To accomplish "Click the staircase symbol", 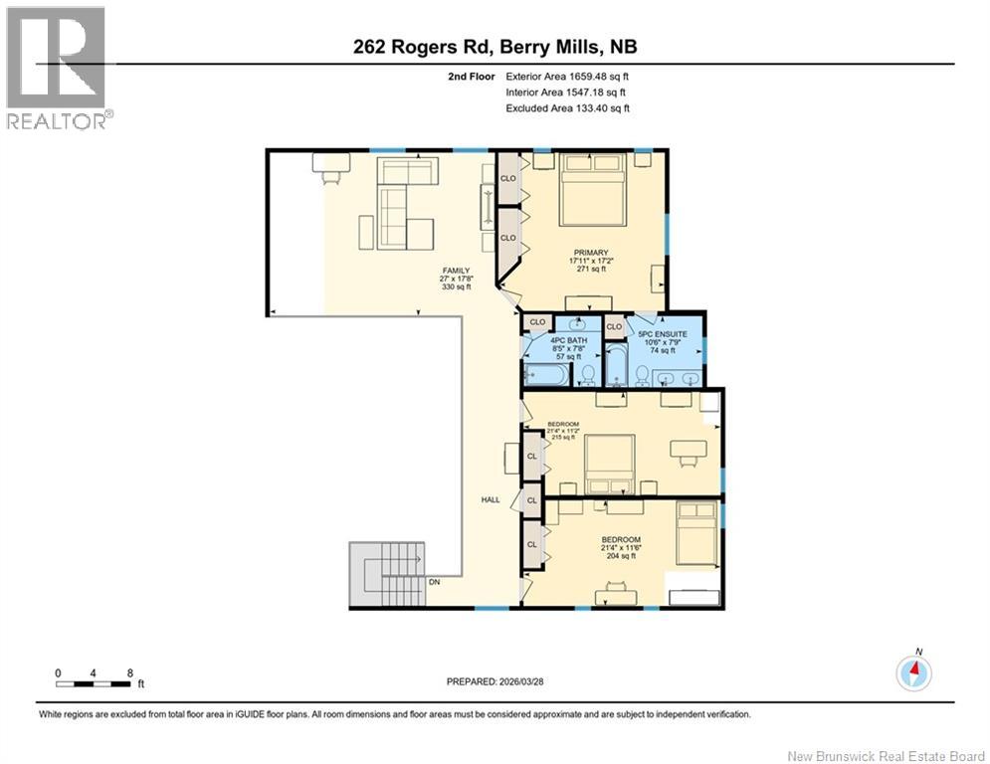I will [x=386, y=574].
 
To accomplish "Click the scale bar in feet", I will [x=95, y=683].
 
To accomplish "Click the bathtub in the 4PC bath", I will [x=546, y=375].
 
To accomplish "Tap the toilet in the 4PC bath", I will [x=588, y=374].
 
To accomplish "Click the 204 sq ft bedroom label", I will [x=620, y=548].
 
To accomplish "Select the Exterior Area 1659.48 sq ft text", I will [x=567, y=76].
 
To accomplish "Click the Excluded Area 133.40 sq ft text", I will [x=567, y=108].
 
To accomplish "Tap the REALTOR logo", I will [x=57, y=68].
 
